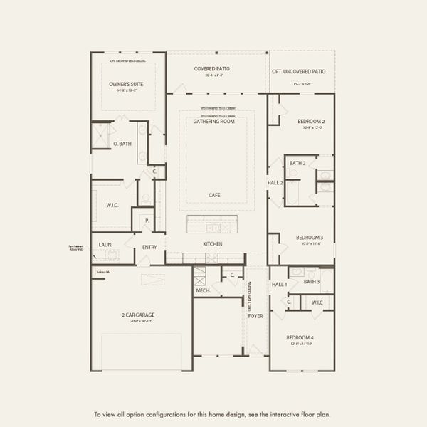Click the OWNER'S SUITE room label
125,84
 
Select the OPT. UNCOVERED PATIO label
298,72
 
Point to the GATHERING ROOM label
213,121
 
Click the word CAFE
213,194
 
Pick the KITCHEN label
212,244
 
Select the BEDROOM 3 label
310,237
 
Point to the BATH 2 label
297,163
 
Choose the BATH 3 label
311,282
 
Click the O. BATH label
122,144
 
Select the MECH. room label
202,290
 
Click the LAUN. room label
105,244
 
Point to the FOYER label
255,316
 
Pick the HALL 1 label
280,285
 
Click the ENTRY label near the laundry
149,248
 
